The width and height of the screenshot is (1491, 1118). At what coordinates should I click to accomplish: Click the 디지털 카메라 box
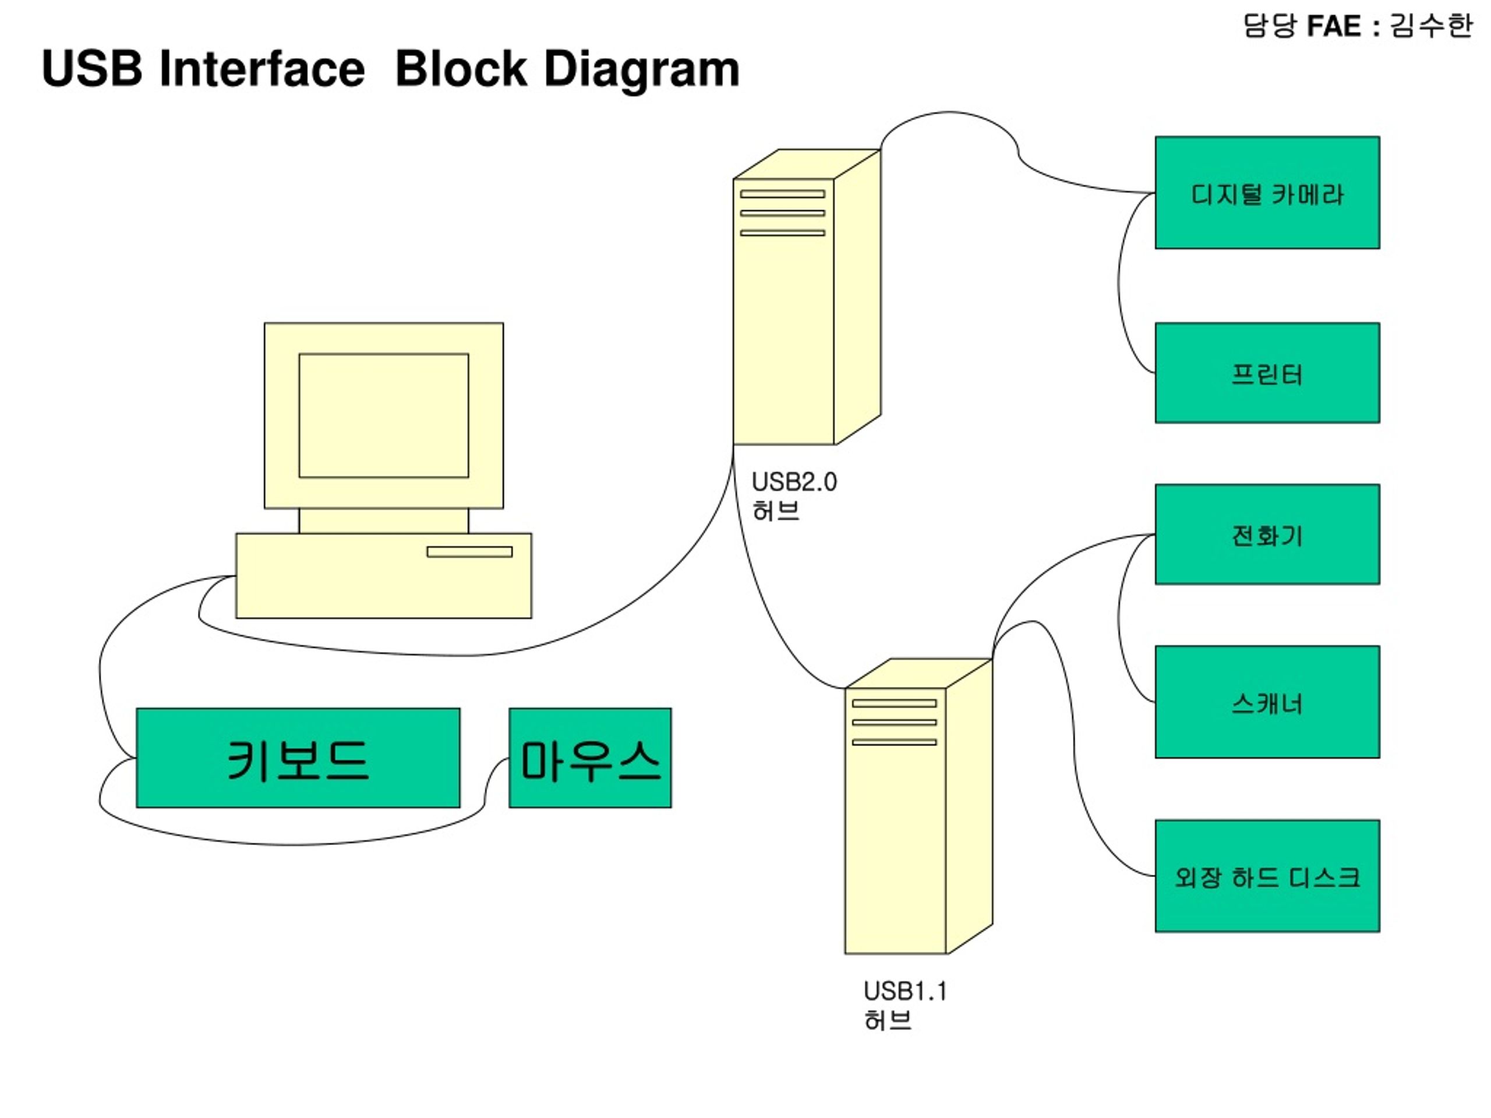1267,193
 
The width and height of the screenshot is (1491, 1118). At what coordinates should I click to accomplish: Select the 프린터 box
1267,373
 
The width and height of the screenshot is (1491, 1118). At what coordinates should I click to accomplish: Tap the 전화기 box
1267,534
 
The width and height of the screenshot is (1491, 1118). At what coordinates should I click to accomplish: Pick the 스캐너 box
1267,702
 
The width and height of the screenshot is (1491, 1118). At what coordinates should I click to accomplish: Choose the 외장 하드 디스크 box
1267,876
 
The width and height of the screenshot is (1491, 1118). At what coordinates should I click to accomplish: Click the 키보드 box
298,758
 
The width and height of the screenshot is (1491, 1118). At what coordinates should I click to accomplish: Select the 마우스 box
590,758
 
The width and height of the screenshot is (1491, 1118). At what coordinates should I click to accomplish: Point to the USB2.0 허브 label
794,496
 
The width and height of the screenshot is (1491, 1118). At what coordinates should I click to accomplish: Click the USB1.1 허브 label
905,1006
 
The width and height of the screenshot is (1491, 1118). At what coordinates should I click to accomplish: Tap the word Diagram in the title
642,69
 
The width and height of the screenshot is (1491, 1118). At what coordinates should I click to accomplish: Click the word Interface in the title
262,69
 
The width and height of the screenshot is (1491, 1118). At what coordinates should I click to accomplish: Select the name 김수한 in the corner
1430,26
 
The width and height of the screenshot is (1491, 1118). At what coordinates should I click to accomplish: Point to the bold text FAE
1334,26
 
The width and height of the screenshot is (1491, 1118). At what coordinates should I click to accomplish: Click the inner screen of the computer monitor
384,416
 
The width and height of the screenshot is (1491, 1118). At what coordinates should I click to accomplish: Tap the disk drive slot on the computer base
469,552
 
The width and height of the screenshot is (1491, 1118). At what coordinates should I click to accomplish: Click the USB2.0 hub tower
807,297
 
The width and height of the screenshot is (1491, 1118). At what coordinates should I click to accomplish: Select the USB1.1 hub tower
918,806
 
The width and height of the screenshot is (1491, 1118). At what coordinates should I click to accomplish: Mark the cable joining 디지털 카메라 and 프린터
1119,283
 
